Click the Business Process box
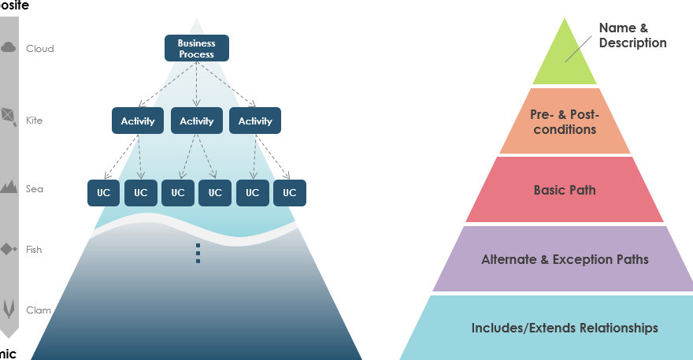[196, 48]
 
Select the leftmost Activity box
[138, 121]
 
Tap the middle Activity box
[196, 121]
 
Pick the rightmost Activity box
[255, 121]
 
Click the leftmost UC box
[103, 192]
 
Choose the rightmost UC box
[289, 192]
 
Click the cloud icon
[9, 47]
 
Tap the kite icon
[9, 117]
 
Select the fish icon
[9, 249]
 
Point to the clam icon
[9, 307]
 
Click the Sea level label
[35, 189]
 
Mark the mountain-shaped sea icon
[9, 187]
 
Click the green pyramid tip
[564, 59]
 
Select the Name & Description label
[632, 35]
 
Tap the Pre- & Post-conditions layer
[565, 122]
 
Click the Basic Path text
[565, 190]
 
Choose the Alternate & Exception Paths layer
[565, 259]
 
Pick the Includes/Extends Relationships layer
[565, 328]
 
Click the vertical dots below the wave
[198, 253]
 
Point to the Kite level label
[35, 121]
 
